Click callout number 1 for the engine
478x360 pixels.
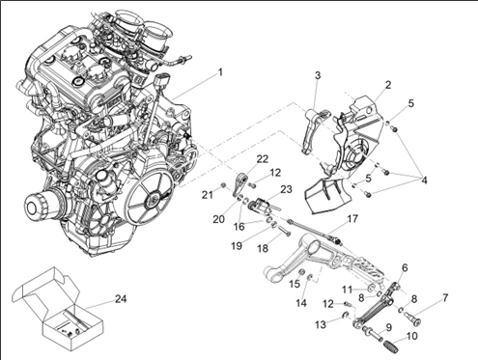[220, 72]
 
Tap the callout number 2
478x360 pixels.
[387, 85]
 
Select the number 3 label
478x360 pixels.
[317, 75]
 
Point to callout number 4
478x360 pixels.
[423, 179]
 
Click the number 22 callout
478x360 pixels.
[263, 158]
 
